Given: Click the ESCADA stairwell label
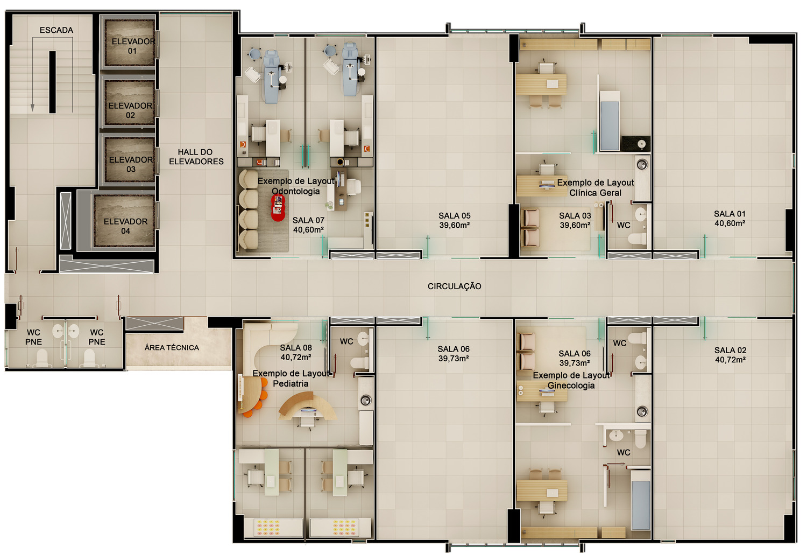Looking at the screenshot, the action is click(56, 30).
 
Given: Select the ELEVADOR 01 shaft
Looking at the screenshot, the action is click(130, 43).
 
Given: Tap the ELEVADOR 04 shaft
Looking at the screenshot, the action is click(124, 221).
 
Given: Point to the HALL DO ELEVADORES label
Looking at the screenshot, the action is click(196, 157).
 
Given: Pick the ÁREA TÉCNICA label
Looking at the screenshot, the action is click(172, 347).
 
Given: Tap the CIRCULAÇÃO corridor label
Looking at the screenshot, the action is click(454, 286).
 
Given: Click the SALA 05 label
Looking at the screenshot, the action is click(454, 215).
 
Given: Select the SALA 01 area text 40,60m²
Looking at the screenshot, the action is click(730, 223).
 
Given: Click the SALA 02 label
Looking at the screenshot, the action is click(730, 350).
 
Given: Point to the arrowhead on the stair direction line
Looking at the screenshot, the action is click(32, 108).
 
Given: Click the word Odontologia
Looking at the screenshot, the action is click(295, 191).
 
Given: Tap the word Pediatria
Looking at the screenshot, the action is click(291, 383).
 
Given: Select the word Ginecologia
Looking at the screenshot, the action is click(571, 386).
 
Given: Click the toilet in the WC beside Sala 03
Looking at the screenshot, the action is click(638, 239).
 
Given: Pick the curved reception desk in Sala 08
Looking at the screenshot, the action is click(307, 406).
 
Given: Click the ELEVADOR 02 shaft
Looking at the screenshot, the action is click(130, 103).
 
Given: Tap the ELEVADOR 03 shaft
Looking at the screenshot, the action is click(130, 160).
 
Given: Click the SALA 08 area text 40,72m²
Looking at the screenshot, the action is click(296, 357).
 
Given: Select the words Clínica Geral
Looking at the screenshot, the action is click(595, 193).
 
